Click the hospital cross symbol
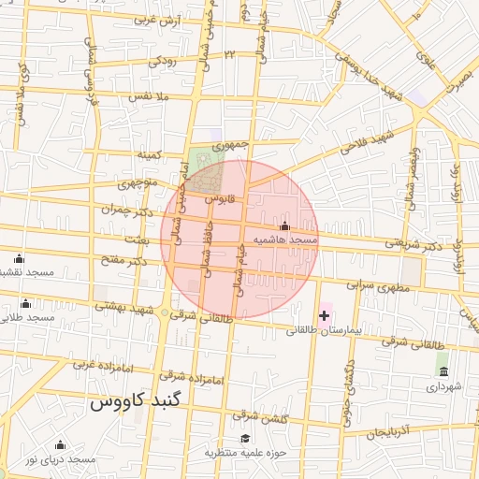point(324,315)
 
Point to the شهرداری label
point(445,385)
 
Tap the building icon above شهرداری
point(443,371)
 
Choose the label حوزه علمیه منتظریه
point(247,453)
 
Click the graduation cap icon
point(245,439)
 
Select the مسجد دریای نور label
point(61,459)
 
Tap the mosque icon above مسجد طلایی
point(25,302)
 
